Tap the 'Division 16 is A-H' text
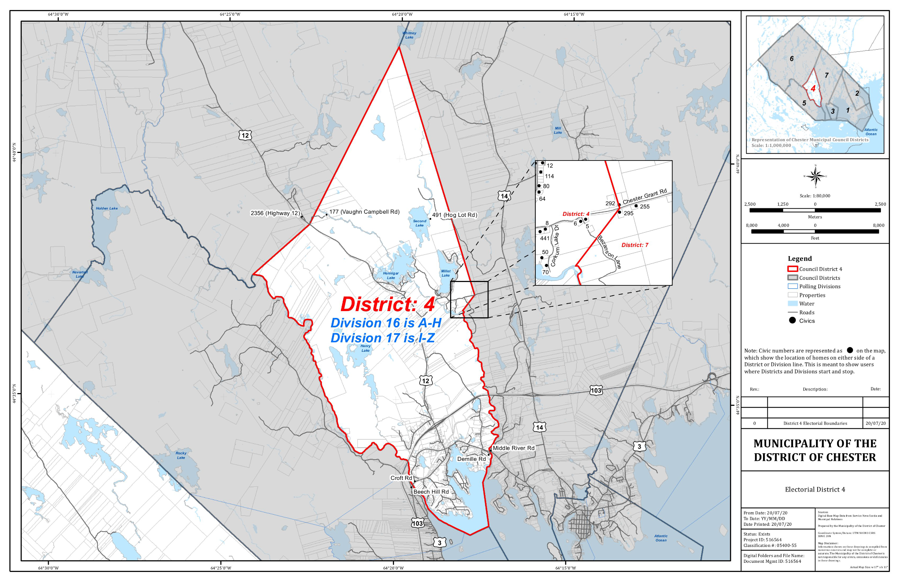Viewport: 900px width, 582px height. [x=386, y=323]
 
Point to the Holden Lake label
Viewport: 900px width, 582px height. [x=107, y=208]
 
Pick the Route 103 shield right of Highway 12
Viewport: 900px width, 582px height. [x=596, y=390]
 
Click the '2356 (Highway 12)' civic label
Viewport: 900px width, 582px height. [x=275, y=213]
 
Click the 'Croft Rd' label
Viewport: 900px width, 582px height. [x=401, y=478]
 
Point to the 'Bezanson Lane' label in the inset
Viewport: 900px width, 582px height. [x=609, y=252]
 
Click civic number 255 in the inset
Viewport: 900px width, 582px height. [x=645, y=207]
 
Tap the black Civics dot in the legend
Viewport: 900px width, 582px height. [x=792, y=320]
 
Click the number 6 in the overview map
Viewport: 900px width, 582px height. [x=791, y=59]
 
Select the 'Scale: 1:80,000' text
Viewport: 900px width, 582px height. [x=815, y=196]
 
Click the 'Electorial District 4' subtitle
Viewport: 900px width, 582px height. [x=815, y=489]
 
